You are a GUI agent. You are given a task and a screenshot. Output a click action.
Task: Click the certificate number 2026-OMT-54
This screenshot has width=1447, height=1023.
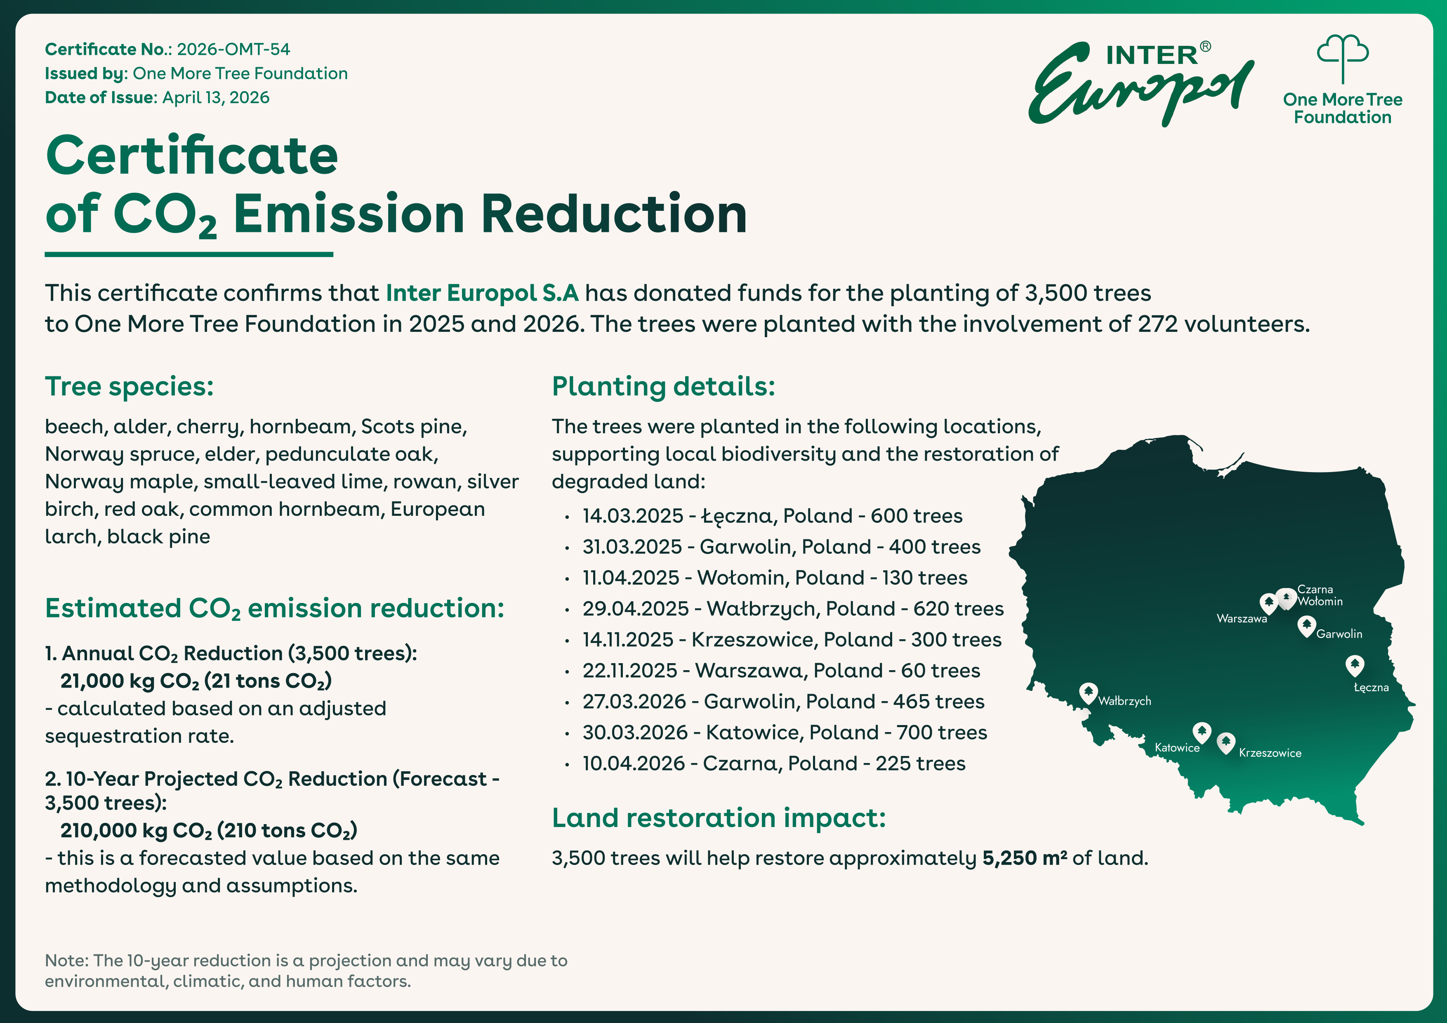[233, 49]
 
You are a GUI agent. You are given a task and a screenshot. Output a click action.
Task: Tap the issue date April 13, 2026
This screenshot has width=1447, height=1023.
[216, 98]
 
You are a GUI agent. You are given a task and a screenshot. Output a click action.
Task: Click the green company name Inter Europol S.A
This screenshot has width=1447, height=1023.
[482, 293]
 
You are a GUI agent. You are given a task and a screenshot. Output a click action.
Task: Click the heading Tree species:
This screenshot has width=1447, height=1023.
[129, 386]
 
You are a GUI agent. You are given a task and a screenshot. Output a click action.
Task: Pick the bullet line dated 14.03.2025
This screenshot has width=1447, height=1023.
[772, 515]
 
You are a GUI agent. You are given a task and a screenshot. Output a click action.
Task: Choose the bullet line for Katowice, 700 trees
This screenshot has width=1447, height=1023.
[785, 732]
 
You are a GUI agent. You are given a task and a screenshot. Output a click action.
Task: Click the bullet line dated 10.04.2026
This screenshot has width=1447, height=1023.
[774, 763]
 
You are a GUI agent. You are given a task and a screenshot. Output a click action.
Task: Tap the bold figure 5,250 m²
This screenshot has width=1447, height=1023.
[1025, 858]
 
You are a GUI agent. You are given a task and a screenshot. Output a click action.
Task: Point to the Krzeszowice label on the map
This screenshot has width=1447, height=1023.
[1270, 753]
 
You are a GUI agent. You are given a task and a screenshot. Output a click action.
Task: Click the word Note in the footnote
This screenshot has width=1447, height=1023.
[66, 961]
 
